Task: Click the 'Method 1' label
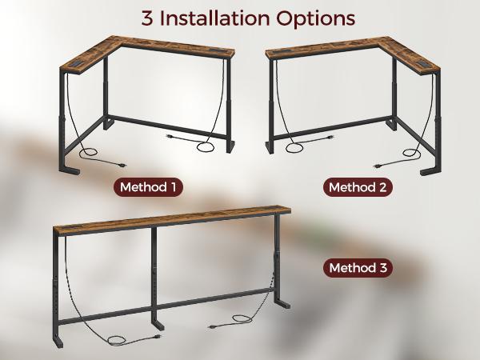(150, 187)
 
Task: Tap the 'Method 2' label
(359, 187)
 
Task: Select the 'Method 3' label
(356, 268)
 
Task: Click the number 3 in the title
(147, 18)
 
